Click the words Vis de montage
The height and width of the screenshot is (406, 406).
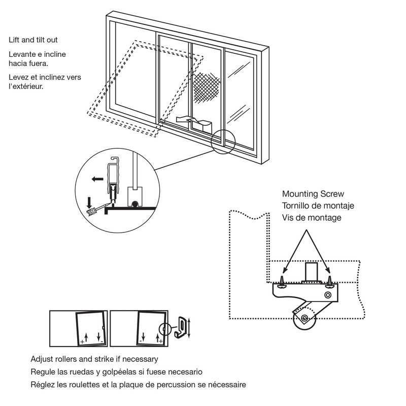pos(312,217)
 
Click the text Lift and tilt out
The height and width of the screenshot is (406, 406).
pos(37,40)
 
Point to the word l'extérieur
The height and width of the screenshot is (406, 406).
pos(26,86)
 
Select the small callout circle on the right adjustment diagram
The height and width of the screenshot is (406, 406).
pos(163,330)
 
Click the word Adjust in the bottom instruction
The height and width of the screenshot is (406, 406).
pos(42,359)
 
